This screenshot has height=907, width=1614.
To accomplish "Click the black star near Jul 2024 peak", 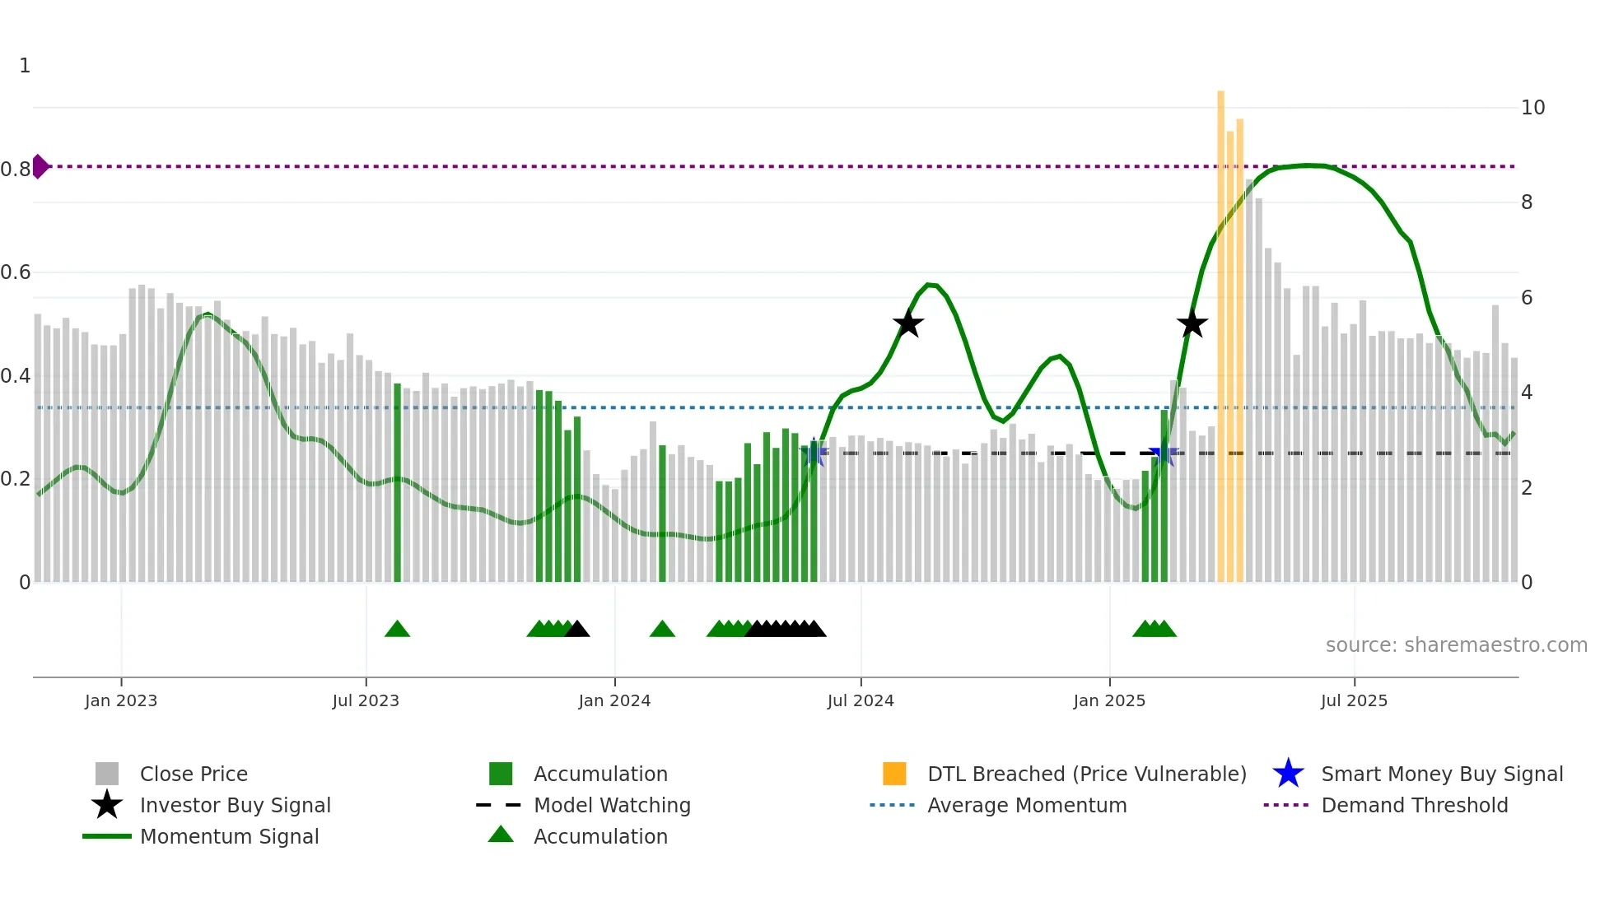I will tap(908, 323).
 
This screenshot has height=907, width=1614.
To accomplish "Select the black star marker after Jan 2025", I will tap(1192, 323).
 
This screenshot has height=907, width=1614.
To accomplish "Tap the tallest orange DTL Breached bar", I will tap(1221, 329).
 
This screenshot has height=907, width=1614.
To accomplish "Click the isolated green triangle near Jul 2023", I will tap(397, 630).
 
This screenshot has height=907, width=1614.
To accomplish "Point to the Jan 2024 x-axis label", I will tap(614, 700).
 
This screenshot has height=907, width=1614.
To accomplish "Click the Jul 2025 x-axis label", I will tap(1354, 700).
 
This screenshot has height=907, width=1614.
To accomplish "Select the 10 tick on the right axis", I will tap(1532, 108).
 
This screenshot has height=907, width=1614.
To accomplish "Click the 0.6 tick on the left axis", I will tap(16, 272).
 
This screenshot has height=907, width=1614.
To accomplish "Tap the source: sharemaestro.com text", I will tap(1456, 645).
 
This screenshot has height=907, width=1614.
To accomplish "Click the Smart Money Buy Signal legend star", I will tap(1288, 774).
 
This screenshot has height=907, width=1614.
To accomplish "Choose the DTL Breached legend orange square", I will tap(894, 774).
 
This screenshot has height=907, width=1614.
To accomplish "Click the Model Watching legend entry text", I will tap(612, 805).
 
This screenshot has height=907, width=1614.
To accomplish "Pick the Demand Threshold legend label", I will tap(1414, 805).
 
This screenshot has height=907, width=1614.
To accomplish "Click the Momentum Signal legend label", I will tap(229, 836).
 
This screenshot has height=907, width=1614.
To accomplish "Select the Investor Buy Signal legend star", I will tap(107, 805).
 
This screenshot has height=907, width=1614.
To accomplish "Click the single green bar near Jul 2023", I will tap(398, 481).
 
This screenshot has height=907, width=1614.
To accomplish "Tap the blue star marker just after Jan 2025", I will tap(1162, 453).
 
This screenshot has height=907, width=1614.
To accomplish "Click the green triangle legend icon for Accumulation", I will tap(501, 835).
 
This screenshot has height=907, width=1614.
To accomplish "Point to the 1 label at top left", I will tap(25, 66).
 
